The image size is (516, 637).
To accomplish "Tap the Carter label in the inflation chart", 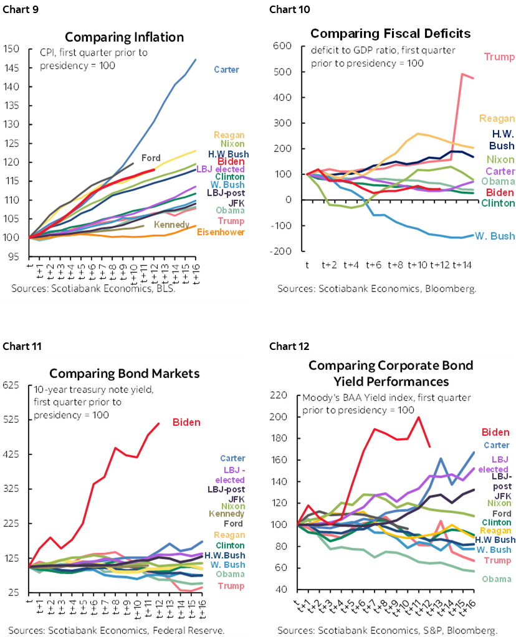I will pyautogui.click(x=226, y=70).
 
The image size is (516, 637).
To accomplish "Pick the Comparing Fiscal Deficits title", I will pyautogui.click(x=390, y=33).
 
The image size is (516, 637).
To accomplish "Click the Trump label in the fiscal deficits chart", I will pyautogui.click(x=499, y=57).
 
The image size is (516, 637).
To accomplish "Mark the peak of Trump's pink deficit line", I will pyautogui.click(x=463, y=74).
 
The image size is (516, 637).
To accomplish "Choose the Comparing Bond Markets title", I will pyautogui.click(x=125, y=374).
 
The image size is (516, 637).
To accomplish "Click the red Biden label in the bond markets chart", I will pyautogui.click(x=186, y=422).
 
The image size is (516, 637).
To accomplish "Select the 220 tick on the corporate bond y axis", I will pyautogui.click(x=279, y=395).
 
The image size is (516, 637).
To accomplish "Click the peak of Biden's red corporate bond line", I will pyautogui.click(x=418, y=417).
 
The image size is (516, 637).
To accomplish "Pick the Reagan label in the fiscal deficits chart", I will pyautogui.click(x=497, y=118).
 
